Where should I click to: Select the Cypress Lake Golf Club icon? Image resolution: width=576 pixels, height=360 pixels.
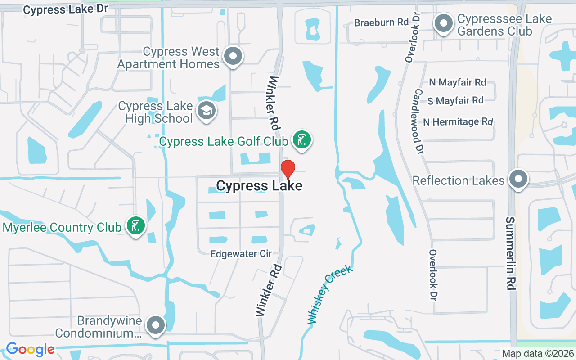point(301,140)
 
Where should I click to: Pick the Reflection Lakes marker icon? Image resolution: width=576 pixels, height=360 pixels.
point(518,179)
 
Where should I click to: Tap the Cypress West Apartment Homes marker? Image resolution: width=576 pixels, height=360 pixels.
point(233,57)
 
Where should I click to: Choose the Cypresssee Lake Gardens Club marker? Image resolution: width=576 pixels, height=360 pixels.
point(444,23)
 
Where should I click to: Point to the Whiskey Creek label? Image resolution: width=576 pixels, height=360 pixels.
point(329,295)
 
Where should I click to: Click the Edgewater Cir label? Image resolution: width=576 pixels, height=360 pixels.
point(241,254)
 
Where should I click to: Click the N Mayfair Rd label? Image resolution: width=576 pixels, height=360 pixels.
point(457,82)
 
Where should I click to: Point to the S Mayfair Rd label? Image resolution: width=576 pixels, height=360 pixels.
point(455,101)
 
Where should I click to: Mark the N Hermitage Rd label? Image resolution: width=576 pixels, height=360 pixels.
point(458,122)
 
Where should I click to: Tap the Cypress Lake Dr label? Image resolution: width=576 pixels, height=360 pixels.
point(63,9)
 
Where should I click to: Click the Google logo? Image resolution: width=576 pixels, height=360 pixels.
point(30,349)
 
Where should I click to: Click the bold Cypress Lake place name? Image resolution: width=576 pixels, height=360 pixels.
point(259,185)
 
